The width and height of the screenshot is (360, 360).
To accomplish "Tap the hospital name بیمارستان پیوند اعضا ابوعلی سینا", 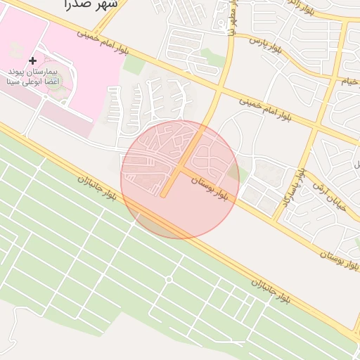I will [34, 77].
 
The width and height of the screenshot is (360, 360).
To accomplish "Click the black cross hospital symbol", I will [32, 61].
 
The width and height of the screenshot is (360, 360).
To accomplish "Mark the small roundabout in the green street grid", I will [169, 280].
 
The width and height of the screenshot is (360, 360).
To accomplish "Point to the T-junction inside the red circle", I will [180, 169].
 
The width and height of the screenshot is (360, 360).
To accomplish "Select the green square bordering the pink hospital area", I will [134, 64].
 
